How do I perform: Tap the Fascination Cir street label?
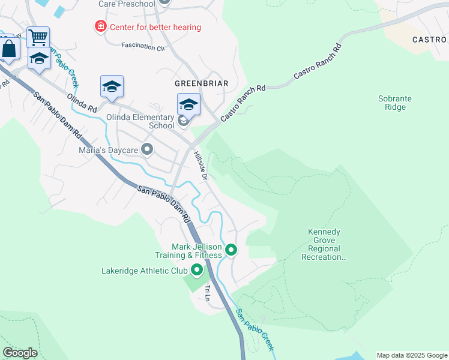143,46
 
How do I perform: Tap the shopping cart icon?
38,37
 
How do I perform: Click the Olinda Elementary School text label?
140,122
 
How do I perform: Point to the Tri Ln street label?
208,293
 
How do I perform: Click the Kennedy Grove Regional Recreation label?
324,244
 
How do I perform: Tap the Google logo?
20,353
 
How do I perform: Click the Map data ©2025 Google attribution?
411,355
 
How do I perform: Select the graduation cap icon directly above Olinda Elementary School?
188,104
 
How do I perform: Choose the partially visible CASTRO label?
430,40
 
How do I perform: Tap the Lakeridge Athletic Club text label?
144,271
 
